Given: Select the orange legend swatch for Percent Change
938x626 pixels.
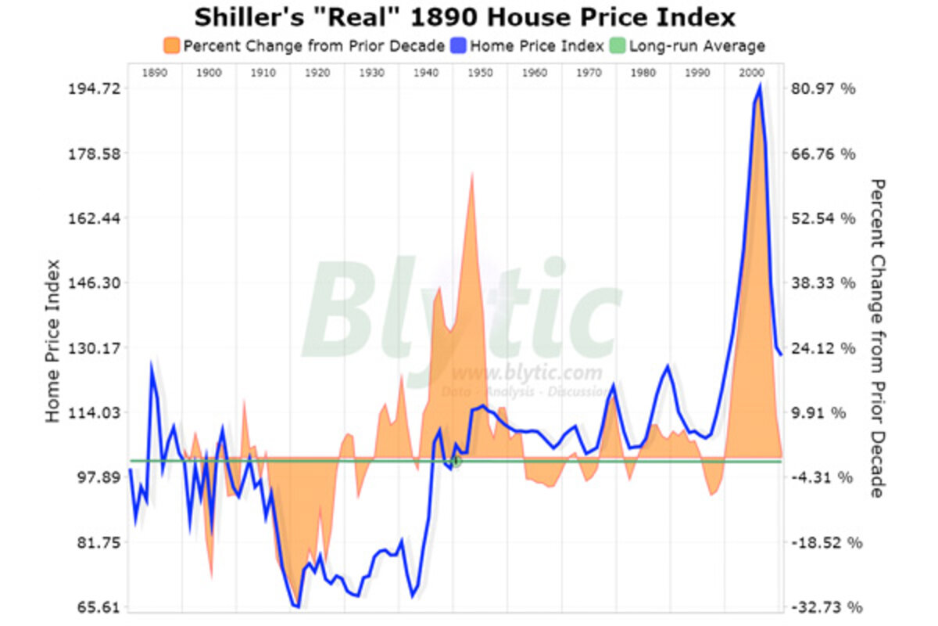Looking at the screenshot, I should (171, 45).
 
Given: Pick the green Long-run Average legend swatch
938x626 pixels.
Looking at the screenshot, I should (617, 45).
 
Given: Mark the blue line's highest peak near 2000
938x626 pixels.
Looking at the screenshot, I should (759, 85).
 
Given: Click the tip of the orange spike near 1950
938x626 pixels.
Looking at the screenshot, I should (473, 173).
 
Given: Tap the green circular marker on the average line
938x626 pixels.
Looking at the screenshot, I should (456, 462).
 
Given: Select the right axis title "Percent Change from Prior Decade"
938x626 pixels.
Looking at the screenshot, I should (878, 338).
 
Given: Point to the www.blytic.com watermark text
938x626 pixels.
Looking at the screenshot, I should (527, 372).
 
